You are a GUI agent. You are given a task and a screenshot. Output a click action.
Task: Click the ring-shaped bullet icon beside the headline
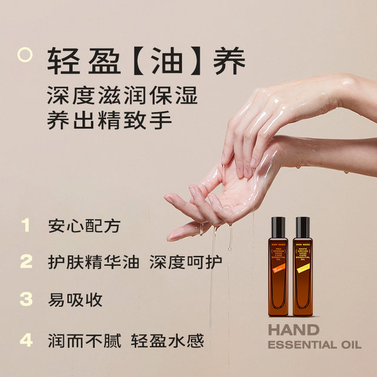pyautogui.click(x=25, y=55)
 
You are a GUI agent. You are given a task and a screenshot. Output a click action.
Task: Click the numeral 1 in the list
pyautogui.click(x=25, y=226)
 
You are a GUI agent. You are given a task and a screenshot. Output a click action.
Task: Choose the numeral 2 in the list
pyautogui.click(x=25, y=262)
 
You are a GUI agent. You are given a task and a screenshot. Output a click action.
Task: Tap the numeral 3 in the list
pyautogui.click(x=25, y=299)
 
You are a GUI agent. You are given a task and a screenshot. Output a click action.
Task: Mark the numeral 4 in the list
pyautogui.click(x=25, y=340)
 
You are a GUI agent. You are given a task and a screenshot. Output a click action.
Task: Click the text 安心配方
pyautogui.click(x=86, y=226)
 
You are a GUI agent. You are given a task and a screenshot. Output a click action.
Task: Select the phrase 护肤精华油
pyautogui.click(x=94, y=262)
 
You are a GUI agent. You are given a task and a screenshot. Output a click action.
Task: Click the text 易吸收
pyautogui.click(x=75, y=299)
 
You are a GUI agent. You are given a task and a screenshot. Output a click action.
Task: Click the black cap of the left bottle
pyautogui.click(x=278, y=225)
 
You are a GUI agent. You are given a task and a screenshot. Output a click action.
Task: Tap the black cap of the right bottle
pyautogui.click(x=302, y=225)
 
